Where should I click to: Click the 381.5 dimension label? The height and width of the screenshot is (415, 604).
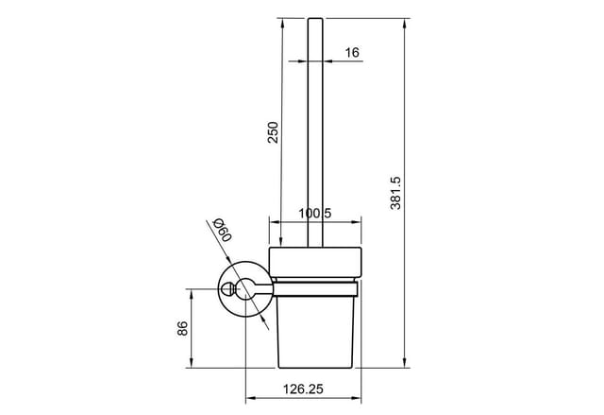[395, 193]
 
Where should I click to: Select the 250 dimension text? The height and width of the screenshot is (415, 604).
[273, 132]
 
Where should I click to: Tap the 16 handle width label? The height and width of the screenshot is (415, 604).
[352, 52]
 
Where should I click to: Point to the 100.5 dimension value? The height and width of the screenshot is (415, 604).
[315, 213]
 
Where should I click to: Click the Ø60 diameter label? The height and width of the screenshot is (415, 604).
[223, 230]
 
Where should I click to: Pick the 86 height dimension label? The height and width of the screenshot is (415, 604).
[182, 328]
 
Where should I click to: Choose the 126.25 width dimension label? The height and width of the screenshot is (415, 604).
[303, 389]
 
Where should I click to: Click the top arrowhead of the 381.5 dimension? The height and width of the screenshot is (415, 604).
[404, 23]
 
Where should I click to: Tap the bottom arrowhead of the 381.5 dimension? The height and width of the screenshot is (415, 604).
[404, 363]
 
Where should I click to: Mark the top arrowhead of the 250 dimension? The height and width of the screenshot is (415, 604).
[283, 23]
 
